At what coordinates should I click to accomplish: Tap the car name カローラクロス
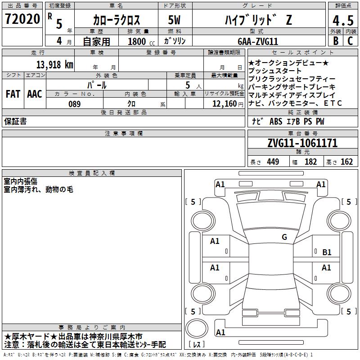(x=117, y=20)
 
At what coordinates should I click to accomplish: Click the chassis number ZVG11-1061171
(x=302, y=143)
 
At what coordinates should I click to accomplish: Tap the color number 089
(x=75, y=104)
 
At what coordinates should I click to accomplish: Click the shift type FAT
(x=13, y=94)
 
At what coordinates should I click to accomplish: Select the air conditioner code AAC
(x=35, y=94)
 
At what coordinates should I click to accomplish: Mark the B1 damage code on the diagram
(x=327, y=252)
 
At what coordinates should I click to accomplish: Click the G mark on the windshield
(x=284, y=237)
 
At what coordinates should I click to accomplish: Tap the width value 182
(x=310, y=162)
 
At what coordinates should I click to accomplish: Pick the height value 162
(x=346, y=162)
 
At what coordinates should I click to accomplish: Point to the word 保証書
(x=15, y=121)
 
